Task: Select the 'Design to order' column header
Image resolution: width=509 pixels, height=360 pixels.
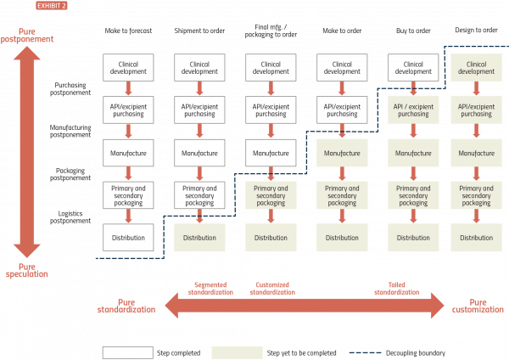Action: click(x=476, y=29)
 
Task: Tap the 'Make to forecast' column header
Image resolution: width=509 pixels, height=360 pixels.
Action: click(x=127, y=29)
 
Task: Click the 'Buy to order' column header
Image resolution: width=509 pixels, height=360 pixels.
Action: click(x=413, y=29)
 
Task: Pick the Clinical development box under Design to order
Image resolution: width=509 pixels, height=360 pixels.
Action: click(x=476, y=68)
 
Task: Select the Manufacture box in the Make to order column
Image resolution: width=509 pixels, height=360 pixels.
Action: click(x=342, y=154)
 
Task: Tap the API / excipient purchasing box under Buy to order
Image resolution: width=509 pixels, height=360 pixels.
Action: click(x=413, y=110)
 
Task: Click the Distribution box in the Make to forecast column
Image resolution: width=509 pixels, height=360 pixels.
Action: click(x=127, y=237)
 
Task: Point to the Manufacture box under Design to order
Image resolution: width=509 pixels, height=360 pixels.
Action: click(x=476, y=154)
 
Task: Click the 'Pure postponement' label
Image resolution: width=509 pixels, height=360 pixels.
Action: click(x=27, y=35)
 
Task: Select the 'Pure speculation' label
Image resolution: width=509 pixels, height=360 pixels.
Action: click(x=27, y=270)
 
